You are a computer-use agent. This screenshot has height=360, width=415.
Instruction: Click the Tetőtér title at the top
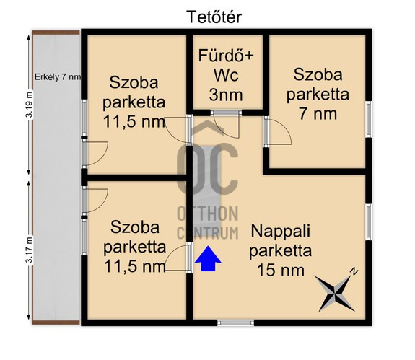pyautogui.click(x=214, y=17)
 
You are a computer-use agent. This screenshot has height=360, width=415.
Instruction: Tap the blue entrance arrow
pyautogui.click(x=208, y=259)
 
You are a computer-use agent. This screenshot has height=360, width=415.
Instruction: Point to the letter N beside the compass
pyautogui.click(x=354, y=272)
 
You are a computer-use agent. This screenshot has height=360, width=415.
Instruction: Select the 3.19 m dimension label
pyautogui.click(x=30, y=105)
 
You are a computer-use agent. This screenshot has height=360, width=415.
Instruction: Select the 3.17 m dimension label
pyautogui.click(x=30, y=250)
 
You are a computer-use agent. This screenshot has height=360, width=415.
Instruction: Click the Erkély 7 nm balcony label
pyautogui.click(x=58, y=77)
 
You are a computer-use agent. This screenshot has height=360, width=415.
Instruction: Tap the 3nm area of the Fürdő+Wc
pyautogui.click(x=226, y=95)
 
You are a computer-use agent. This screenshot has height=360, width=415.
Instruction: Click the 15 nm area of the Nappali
pyautogui.click(x=281, y=270)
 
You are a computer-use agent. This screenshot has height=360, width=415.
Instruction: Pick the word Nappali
pyautogui.click(x=281, y=231)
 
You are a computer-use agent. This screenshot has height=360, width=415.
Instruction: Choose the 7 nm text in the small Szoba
pyautogui.click(x=318, y=114)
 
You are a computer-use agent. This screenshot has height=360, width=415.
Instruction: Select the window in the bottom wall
pyautogui.click(x=235, y=322)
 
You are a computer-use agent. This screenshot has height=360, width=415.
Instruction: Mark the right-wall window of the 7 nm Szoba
pyautogui.click(x=368, y=119)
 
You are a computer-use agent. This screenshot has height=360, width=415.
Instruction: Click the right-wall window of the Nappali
pyautogui.click(x=368, y=222)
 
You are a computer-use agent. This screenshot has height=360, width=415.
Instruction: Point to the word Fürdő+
pyautogui.click(x=226, y=56)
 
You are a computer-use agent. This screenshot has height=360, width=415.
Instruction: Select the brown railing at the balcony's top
pyautogui.click(x=56, y=32)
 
